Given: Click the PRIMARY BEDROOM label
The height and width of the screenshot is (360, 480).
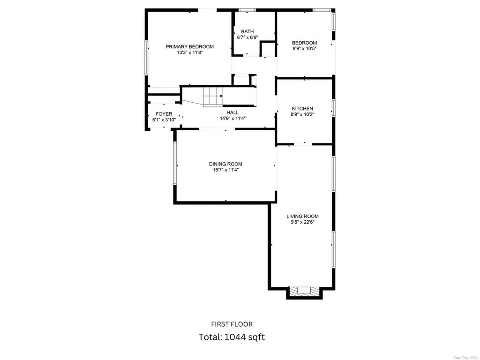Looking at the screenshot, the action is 189,46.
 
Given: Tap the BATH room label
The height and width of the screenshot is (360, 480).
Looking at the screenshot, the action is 247,31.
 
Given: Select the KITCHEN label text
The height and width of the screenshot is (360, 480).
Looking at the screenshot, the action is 302,109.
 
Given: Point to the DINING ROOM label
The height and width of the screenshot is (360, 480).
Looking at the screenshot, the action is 225,164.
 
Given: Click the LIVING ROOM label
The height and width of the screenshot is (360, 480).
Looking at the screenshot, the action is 302,217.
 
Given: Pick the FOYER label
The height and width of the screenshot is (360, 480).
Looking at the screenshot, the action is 164,114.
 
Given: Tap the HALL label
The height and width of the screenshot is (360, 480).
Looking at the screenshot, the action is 232,112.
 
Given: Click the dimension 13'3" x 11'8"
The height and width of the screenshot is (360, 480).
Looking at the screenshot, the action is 190,52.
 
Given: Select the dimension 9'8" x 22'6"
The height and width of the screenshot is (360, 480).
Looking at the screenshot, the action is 302,222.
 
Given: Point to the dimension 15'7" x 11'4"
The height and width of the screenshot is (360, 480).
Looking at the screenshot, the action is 225,170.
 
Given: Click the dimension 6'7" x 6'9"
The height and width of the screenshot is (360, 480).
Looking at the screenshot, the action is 247,37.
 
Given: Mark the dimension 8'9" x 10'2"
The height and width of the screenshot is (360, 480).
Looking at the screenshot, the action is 302,114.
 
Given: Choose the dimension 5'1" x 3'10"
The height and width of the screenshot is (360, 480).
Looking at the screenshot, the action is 164,120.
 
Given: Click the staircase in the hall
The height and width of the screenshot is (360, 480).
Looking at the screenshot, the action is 213,97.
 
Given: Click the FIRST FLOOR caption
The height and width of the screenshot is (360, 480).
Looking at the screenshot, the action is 232,324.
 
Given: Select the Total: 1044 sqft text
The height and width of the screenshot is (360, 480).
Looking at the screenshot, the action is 232,337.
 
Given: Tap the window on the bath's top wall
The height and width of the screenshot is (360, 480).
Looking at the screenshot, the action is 247,10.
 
